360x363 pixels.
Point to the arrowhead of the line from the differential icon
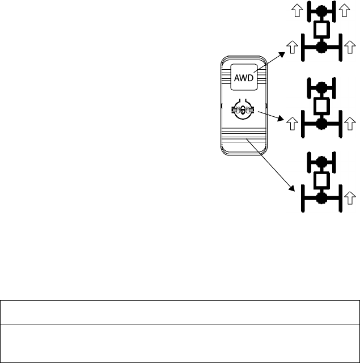(283, 120)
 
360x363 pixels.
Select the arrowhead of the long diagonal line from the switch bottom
(293, 189)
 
